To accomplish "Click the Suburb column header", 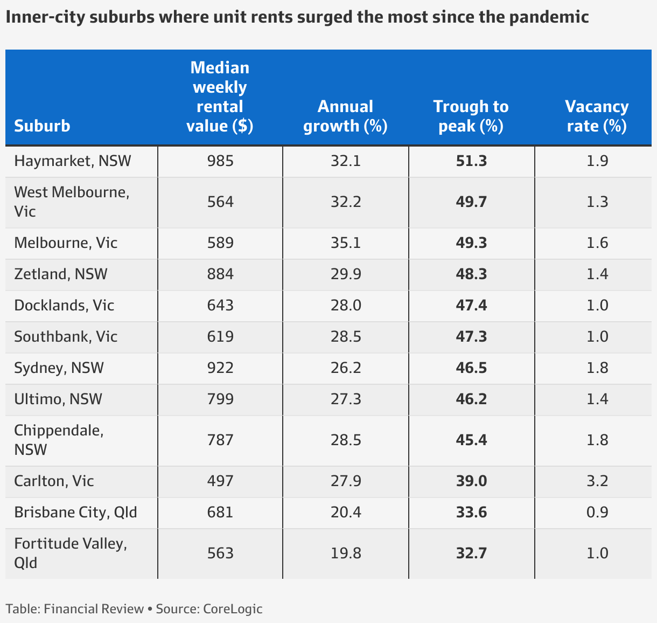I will click(x=42, y=126).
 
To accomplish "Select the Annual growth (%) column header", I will click(x=345, y=116).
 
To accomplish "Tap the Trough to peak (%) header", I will click(x=471, y=116).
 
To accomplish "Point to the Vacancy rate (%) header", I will click(x=597, y=116).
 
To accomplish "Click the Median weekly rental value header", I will click(x=220, y=96).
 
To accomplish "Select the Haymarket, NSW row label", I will click(x=73, y=161).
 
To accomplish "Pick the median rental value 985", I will click(x=220, y=161).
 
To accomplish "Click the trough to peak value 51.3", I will click(x=471, y=161).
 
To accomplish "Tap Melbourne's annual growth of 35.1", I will click(x=346, y=243).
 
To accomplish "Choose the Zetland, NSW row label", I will click(x=61, y=274).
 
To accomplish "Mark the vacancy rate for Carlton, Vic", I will click(x=597, y=481).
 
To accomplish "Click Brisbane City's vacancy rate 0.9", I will click(x=597, y=512).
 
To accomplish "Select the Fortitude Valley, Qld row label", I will click(x=71, y=553).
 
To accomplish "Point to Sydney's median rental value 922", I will click(x=220, y=368).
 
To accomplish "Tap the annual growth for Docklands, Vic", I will click(x=346, y=305).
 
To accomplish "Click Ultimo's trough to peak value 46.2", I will click(x=471, y=399).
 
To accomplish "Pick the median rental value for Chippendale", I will click(x=220, y=440).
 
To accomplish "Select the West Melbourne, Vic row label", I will click(x=72, y=202).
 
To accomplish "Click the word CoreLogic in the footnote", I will click(x=233, y=609).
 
